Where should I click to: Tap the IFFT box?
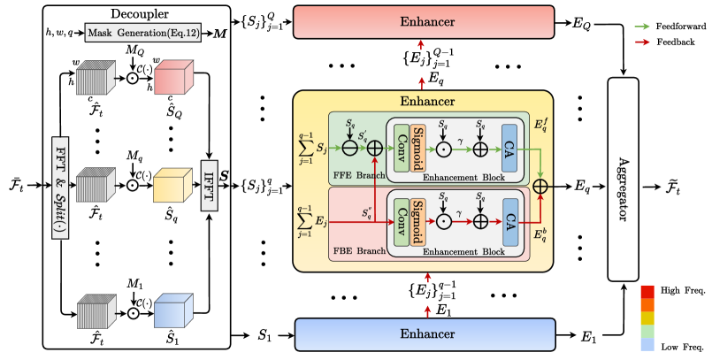point(210,183)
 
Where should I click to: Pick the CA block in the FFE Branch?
point(509,143)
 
